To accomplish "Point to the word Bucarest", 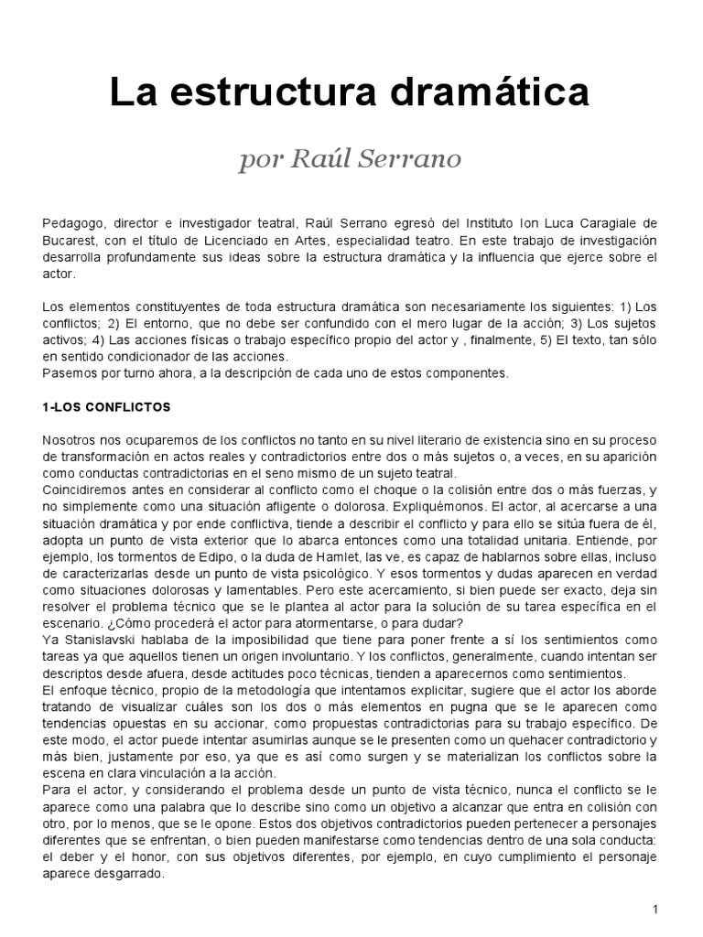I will (x=69, y=241).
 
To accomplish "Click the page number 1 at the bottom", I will (x=655, y=908).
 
